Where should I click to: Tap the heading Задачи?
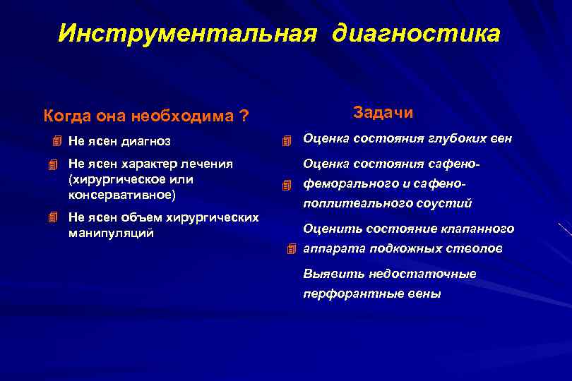[383, 113]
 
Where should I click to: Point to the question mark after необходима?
[244, 115]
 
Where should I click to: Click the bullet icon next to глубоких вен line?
[286, 140]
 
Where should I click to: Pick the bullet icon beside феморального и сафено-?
[286, 186]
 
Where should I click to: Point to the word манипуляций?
[111, 233]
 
